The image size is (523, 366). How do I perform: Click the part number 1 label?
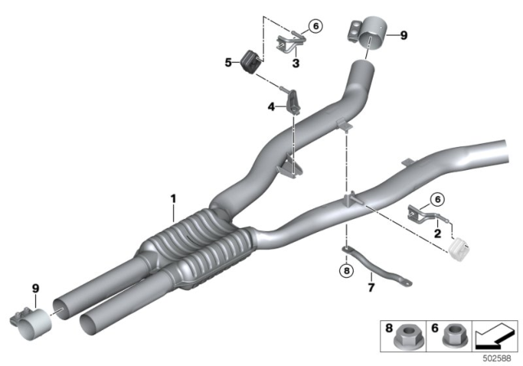click(x=172, y=198)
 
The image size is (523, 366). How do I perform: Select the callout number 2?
click(x=439, y=234)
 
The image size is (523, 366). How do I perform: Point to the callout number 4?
click(x=270, y=105)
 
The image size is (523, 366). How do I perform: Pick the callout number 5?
click(x=230, y=60)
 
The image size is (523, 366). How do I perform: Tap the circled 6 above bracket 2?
click(x=436, y=199)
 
